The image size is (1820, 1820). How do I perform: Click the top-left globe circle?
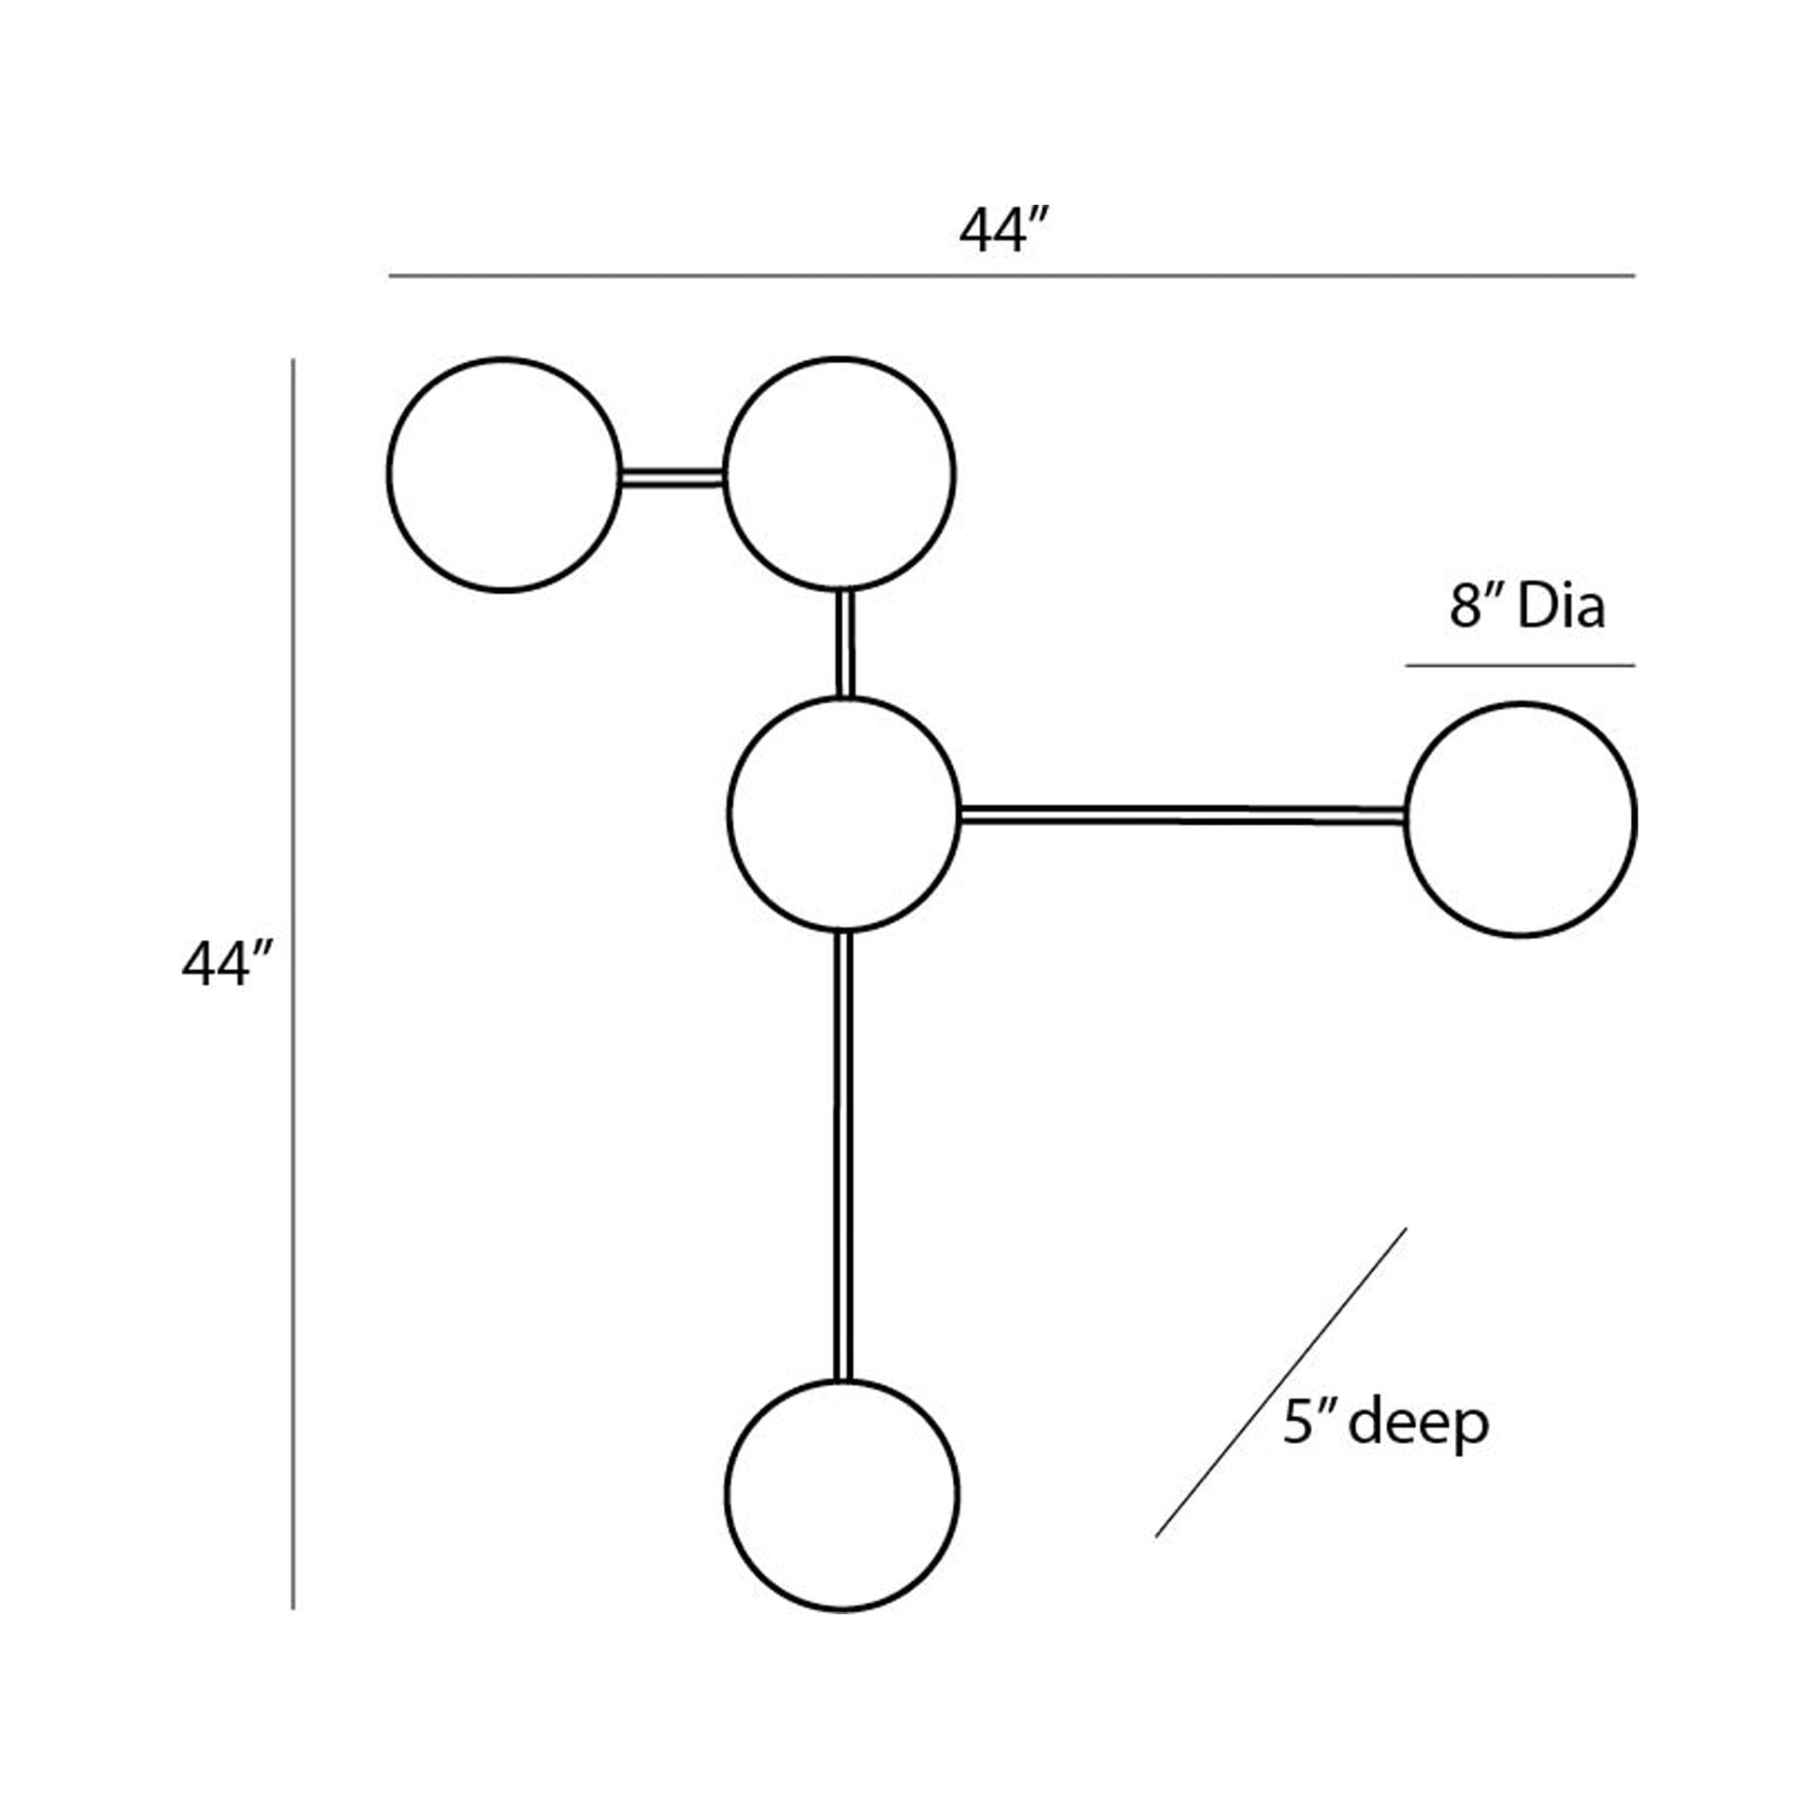[504, 475]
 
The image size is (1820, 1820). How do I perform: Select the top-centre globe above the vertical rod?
[839, 475]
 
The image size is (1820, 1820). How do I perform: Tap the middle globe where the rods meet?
[844, 815]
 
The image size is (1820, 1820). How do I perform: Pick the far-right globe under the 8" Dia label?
[1520, 820]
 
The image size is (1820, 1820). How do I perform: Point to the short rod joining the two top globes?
[672, 478]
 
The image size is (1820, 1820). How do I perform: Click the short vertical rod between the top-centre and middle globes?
[846, 644]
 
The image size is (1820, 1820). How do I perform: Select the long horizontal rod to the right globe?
[1181, 816]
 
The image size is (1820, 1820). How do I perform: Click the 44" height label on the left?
[227, 964]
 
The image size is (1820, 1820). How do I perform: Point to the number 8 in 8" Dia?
[1466, 608]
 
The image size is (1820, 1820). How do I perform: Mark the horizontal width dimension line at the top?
[1012, 276]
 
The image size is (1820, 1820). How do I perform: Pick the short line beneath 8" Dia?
[1520, 665]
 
